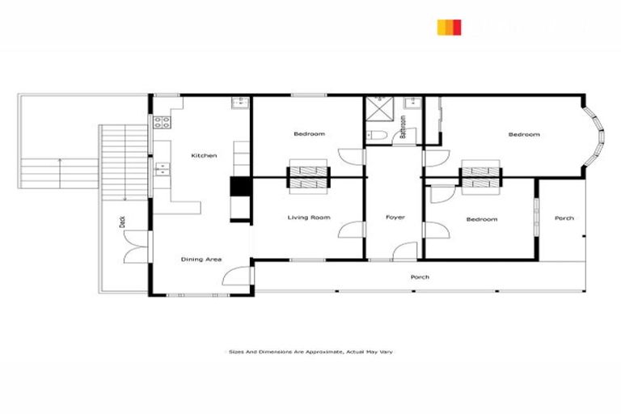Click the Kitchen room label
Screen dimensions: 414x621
(203, 155)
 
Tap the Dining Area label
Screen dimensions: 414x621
(201, 259)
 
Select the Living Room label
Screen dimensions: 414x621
(309, 218)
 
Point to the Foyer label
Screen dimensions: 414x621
(395, 218)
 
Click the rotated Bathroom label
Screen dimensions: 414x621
(403, 127)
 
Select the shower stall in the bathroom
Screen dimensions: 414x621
(378, 108)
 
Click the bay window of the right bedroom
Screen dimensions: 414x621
(598, 135)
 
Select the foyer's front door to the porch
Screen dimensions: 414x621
(402, 251)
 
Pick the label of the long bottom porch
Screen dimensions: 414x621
(419, 277)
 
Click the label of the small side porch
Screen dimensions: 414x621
(564, 218)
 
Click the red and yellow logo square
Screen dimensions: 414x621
(449, 27)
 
